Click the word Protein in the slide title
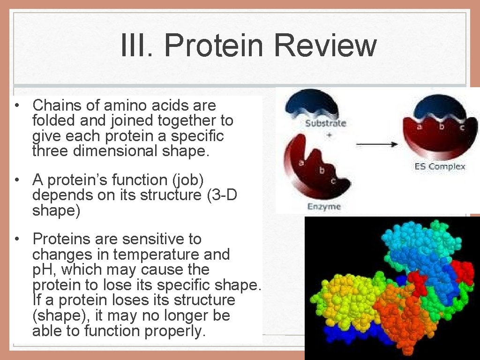pyautogui.click(x=213, y=45)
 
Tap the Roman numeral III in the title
pyautogui.click(x=134, y=45)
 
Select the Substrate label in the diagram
pyautogui.click(x=326, y=123)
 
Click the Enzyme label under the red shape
pyautogui.click(x=324, y=207)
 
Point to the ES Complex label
pyautogui.click(x=440, y=166)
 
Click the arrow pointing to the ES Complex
pyautogui.click(x=377, y=144)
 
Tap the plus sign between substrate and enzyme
pyautogui.click(x=330, y=135)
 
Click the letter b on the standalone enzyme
pyautogui.click(x=322, y=170)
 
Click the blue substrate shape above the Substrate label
pyautogui.click(x=311, y=104)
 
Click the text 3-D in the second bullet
pyautogui.click(x=225, y=195)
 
